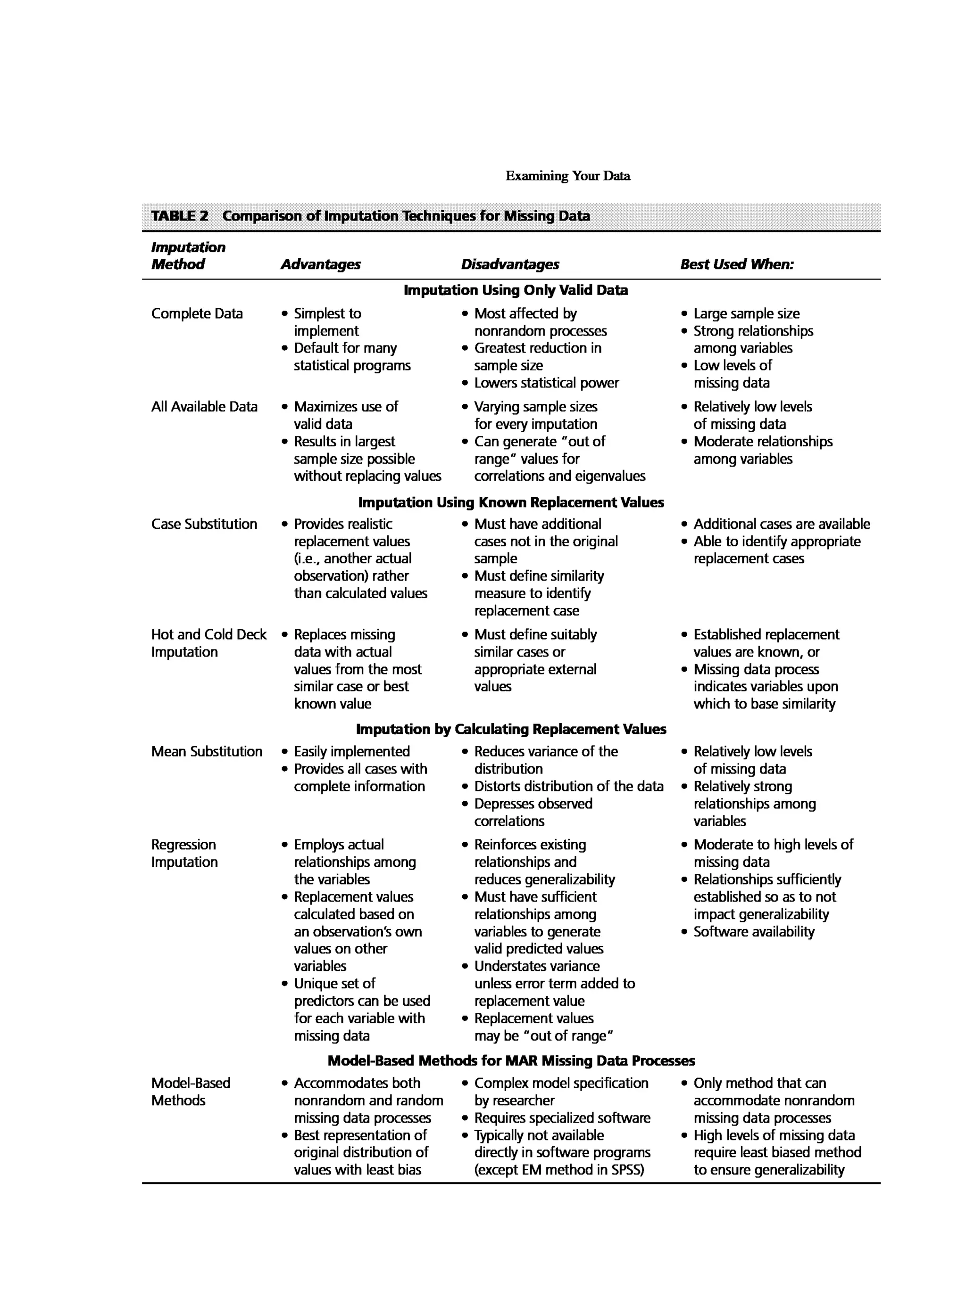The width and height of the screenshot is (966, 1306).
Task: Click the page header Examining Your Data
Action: pos(567,176)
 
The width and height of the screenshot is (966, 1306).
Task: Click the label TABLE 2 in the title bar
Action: pos(180,215)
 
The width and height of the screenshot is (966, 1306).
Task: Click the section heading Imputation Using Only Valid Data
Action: pos(515,290)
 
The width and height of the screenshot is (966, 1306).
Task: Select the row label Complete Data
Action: pos(197,313)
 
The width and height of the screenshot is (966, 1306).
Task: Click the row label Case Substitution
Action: pos(204,524)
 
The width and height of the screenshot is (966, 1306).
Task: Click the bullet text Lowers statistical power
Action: pos(546,383)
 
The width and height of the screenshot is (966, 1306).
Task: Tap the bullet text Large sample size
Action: pos(746,313)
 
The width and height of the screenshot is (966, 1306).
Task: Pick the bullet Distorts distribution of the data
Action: pos(568,786)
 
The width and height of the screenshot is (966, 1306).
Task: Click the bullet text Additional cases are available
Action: pos(781,524)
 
